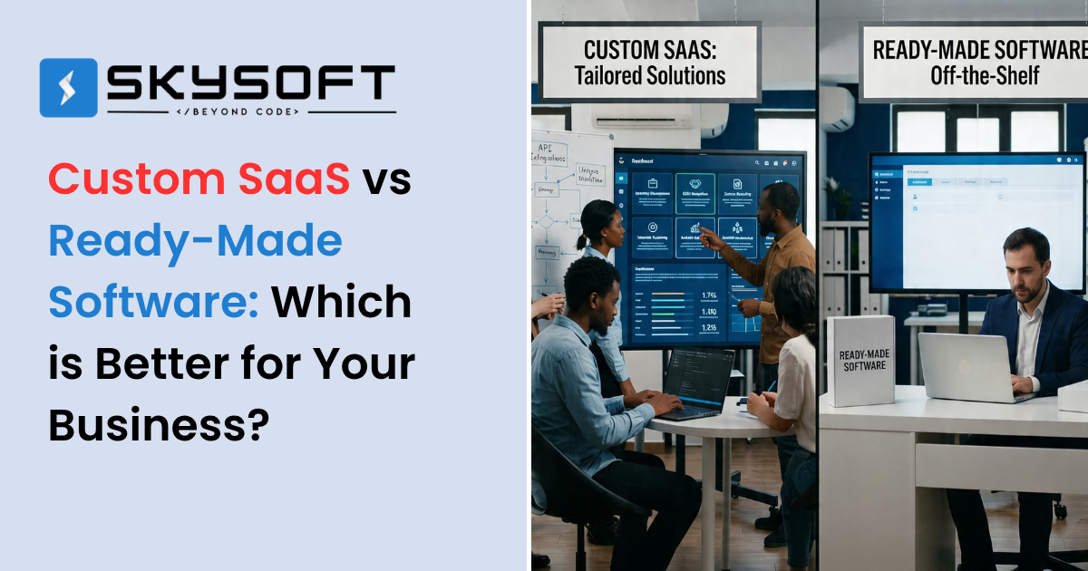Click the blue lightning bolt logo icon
[68, 88]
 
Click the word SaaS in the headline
[295, 179]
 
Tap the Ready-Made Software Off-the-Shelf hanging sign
[974, 62]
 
